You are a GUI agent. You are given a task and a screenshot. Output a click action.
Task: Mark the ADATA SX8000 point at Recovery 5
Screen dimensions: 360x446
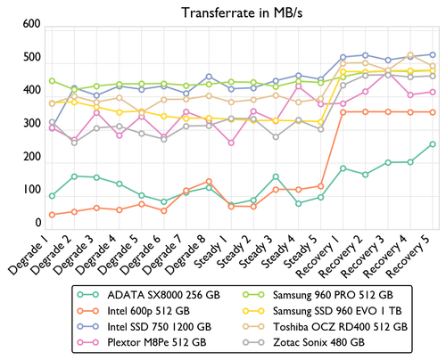click(433, 143)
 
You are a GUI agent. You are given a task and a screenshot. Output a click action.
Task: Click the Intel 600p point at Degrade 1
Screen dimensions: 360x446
click(52, 215)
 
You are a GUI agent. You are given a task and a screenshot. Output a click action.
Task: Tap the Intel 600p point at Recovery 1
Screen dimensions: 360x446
click(343, 112)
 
